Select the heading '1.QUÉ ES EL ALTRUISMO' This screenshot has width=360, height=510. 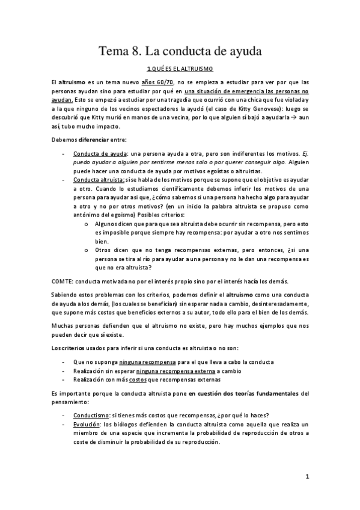(x=180, y=70)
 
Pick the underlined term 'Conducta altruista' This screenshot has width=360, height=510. (x=99, y=179)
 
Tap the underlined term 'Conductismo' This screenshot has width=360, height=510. (x=91, y=415)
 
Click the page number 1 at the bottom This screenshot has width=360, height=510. (x=307, y=478)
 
